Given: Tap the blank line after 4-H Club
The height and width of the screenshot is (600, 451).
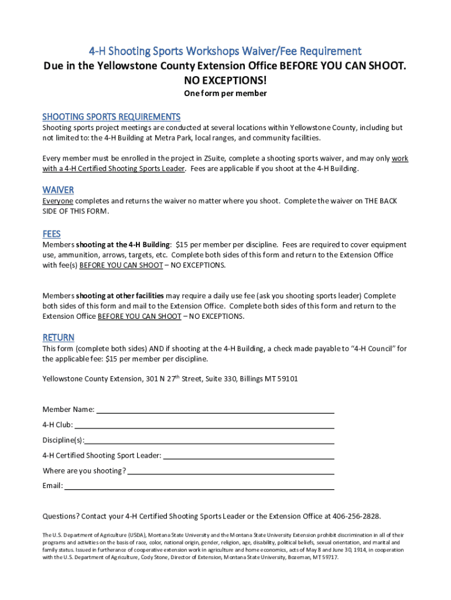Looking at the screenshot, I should click(204, 425).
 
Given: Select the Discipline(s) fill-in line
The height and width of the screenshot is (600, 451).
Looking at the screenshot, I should click(210, 441).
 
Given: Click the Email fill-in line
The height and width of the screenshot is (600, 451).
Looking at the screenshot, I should click(199, 486).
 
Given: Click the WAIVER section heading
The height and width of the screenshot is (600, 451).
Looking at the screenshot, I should click(58, 190).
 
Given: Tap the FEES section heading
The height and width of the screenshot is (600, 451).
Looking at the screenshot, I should click(52, 234).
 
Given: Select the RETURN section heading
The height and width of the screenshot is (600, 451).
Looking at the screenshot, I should click(59, 337).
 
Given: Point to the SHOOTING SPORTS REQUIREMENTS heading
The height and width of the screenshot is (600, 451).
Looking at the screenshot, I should click(111, 117).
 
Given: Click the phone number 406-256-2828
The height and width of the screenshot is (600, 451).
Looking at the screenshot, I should click(356, 516).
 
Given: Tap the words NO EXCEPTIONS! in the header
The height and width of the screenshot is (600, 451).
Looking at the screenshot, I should click(225, 79).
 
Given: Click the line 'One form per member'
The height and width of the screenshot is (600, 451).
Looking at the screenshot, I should click(225, 93).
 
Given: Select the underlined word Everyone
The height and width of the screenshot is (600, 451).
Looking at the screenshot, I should click(58, 201).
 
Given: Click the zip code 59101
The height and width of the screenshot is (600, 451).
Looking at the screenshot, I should click(288, 379).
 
